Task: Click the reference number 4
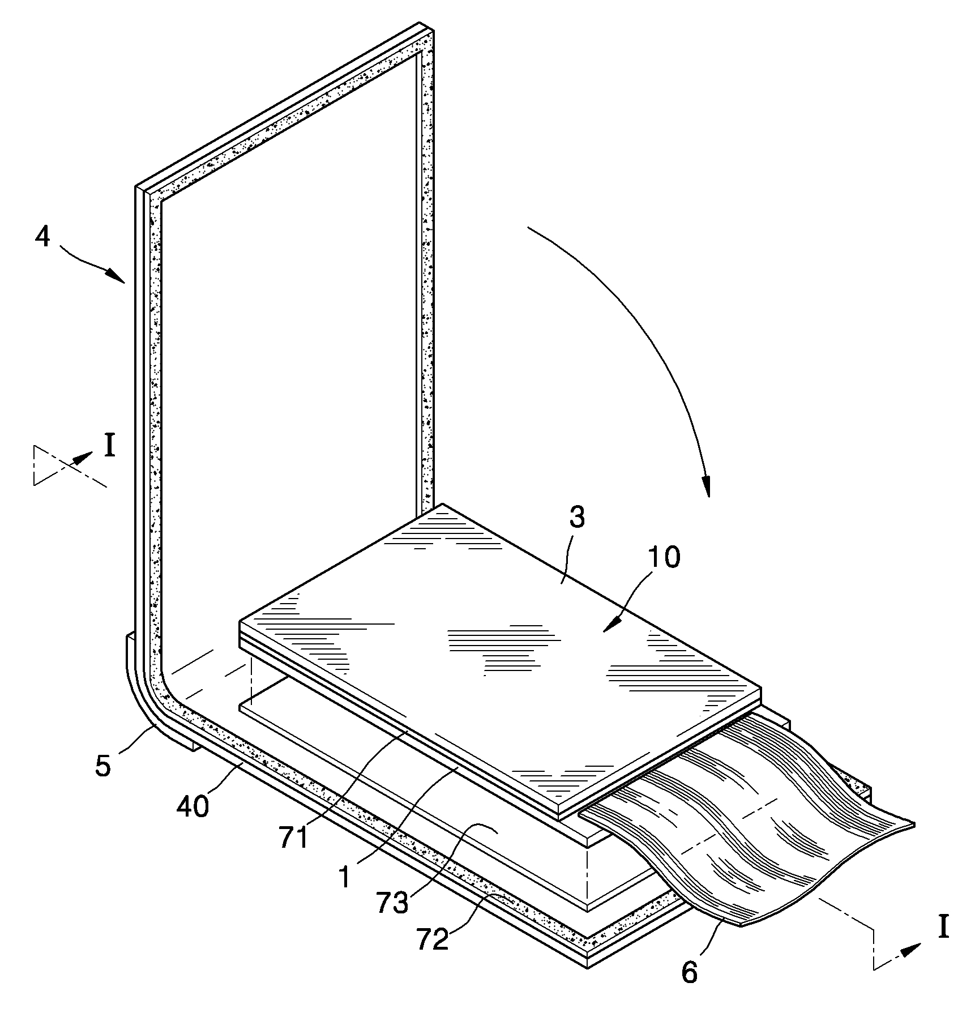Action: pyautogui.click(x=42, y=237)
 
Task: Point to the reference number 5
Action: pyautogui.click(x=102, y=766)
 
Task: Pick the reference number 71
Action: pyautogui.click(x=294, y=838)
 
